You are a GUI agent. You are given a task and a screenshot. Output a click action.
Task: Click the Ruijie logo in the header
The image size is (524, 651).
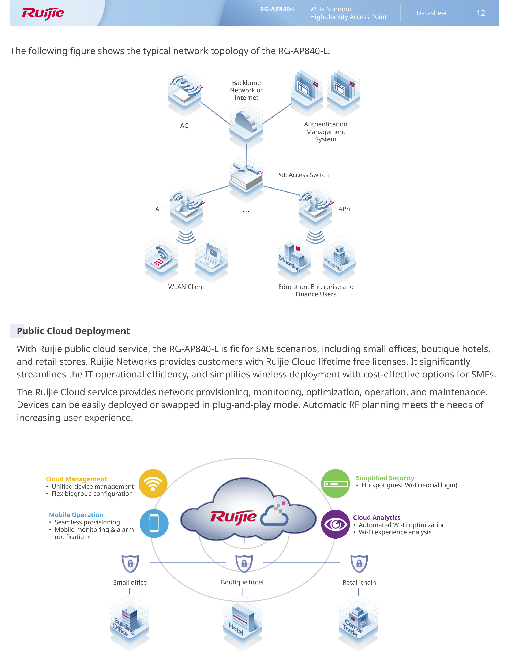pos(43,13)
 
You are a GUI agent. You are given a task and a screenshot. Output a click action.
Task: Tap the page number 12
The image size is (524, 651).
pos(480,13)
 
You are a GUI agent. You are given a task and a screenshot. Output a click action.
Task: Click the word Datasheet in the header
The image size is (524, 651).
pos(432,13)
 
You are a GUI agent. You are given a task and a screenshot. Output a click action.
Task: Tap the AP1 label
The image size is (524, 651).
pos(160,209)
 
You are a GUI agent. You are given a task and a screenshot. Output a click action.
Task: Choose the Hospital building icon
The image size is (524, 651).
pos(339,258)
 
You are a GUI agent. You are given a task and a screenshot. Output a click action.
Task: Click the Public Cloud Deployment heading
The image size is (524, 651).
pos(73,331)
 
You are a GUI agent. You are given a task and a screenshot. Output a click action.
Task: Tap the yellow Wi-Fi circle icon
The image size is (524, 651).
pos(153,483)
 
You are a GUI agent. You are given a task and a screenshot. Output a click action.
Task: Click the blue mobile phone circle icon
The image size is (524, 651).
pos(154,524)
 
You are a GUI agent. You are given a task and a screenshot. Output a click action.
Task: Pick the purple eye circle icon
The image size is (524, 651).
pos(335,524)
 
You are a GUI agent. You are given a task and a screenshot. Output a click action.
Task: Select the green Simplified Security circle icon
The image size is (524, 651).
pos(335,483)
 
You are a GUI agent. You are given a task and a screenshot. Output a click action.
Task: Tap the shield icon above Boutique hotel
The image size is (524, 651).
pos(244,563)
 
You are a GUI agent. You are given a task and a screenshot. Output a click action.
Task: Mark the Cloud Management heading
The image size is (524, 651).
pos(76,479)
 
